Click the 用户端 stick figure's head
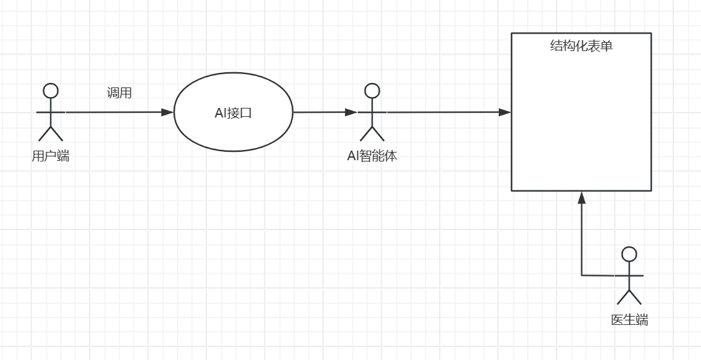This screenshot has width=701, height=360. coord(50,91)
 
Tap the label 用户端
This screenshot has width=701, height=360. coord(50,155)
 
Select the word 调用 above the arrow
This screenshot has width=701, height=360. coord(119,93)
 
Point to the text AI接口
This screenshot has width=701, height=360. coord(233,113)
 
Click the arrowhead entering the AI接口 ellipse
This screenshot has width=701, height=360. coord(167,112)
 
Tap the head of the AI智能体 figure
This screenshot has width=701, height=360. coord(372,91)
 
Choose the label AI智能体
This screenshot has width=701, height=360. coord(371,155)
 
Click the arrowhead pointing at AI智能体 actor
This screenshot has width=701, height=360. coord(350,112)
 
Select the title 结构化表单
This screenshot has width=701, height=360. coord(581,46)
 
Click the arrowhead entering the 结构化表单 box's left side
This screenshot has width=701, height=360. coord(505,112)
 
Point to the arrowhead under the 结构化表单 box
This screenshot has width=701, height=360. coord(581,198)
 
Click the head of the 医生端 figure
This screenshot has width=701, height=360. coord(629,254)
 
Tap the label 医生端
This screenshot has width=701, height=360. coord(629,320)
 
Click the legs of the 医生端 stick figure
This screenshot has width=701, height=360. coord(629,297)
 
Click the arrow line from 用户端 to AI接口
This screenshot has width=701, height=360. coord(115,112)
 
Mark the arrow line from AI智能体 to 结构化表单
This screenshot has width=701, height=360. coord(446,112)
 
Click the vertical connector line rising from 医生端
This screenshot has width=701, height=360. coord(581,243)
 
